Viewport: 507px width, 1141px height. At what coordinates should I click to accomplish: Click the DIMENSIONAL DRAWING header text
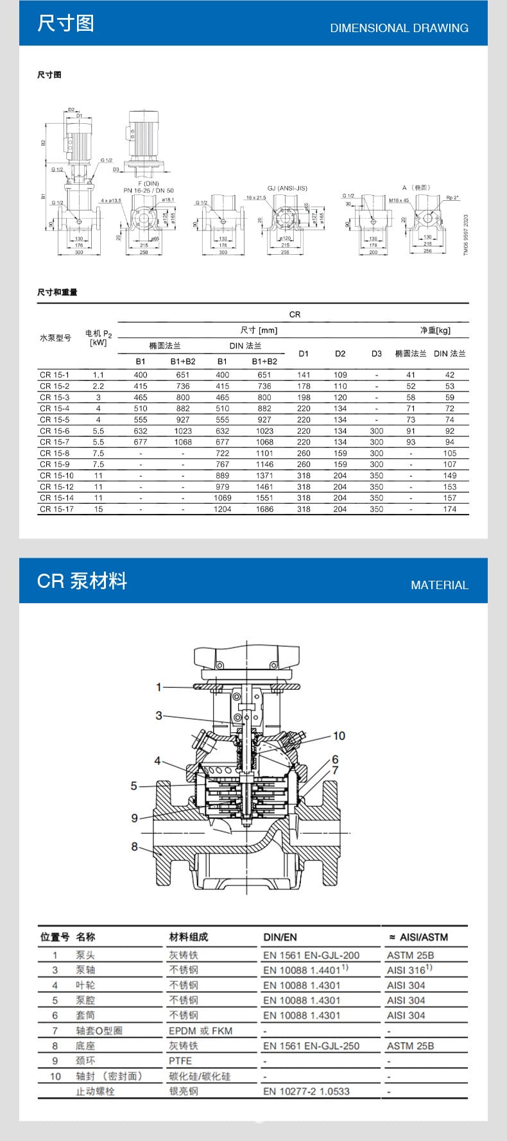click(x=399, y=28)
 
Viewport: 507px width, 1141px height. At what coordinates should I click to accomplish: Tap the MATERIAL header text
click(x=440, y=585)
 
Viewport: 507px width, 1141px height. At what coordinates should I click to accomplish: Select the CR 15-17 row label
click(x=56, y=509)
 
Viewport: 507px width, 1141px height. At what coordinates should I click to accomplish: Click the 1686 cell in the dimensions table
click(x=264, y=509)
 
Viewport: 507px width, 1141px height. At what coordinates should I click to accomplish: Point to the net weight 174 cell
click(x=450, y=509)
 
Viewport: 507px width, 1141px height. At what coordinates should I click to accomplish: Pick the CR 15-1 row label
click(x=55, y=375)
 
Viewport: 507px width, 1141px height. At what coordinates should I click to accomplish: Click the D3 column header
click(x=377, y=354)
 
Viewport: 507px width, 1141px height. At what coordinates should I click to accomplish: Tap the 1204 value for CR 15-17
click(x=222, y=509)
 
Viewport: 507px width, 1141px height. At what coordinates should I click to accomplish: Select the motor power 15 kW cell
click(x=98, y=509)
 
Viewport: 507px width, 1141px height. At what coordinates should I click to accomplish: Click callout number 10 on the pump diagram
click(x=339, y=735)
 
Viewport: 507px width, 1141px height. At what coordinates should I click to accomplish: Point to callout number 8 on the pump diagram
click(x=134, y=846)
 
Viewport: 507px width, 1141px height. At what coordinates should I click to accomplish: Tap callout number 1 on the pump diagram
click(x=159, y=687)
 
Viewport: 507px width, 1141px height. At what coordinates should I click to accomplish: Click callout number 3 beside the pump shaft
click(x=159, y=715)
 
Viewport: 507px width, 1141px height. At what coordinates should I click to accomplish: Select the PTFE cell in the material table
click(x=180, y=1061)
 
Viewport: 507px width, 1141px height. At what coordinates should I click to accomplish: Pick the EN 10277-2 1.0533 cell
click(x=306, y=1091)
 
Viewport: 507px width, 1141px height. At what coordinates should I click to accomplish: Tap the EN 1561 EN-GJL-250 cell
click(x=311, y=1045)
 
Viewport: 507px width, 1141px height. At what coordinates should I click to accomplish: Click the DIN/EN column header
click(x=280, y=937)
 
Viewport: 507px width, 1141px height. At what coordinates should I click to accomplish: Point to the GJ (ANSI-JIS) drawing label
click(x=287, y=188)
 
